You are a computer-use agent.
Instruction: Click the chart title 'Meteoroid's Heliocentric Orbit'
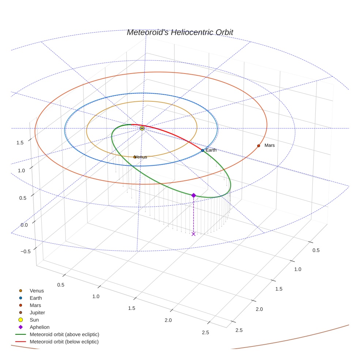click(x=180, y=32)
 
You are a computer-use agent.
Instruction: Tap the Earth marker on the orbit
click(x=202, y=150)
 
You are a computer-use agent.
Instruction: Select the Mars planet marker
click(x=258, y=146)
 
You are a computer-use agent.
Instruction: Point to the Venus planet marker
click(x=135, y=157)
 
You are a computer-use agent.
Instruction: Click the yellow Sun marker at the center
click(x=142, y=128)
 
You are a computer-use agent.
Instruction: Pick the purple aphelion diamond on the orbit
click(x=194, y=195)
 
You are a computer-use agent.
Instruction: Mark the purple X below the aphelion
click(x=194, y=234)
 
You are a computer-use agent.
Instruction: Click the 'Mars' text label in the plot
click(x=269, y=145)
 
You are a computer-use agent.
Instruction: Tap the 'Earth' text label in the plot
click(x=211, y=150)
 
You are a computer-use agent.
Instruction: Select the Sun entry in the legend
click(x=34, y=320)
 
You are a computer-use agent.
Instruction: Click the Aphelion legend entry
click(x=40, y=327)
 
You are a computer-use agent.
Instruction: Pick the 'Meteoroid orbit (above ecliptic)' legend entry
click(x=64, y=334)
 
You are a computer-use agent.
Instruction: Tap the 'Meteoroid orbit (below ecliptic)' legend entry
click(x=64, y=342)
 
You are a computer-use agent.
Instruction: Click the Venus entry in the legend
click(x=37, y=291)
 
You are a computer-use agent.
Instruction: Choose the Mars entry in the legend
click(x=35, y=305)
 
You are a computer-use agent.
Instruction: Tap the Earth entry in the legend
click(x=36, y=298)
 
